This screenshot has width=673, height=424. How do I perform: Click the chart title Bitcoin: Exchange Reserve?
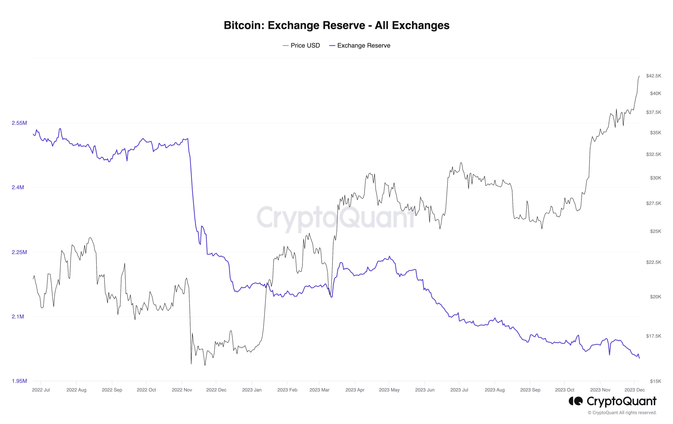(x=336, y=25)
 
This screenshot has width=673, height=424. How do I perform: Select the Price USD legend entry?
(x=301, y=46)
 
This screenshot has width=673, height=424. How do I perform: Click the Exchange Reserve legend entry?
(x=360, y=46)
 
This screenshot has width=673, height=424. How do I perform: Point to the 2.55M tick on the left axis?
(x=19, y=123)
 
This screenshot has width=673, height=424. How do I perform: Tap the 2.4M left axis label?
(x=18, y=187)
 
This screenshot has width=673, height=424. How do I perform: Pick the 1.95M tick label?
(x=19, y=381)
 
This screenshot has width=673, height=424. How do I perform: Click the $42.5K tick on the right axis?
(x=653, y=76)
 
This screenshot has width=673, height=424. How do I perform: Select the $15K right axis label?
(x=655, y=381)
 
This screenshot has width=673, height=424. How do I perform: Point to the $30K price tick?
(x=655, y=178)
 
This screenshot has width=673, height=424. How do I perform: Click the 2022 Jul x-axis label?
(x=41, y=390)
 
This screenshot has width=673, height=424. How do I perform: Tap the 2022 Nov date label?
(x=182, y=390)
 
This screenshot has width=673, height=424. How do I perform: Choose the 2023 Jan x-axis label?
(x=251, y=390)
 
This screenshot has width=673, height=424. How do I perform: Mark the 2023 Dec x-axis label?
(x=634, y=390)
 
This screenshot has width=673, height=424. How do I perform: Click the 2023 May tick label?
(x=389, y=390)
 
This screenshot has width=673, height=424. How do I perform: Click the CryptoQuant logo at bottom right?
(x=612, y=401)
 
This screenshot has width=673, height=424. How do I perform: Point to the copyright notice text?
(x=622, y=413)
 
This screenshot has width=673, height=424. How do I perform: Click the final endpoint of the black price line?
(x=639, y=76)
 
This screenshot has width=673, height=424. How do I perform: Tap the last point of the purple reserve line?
(x=639, y=358)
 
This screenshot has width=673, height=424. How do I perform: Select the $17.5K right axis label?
(x=653, y=336)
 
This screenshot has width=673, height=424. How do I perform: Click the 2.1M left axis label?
(x=18, y=317)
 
